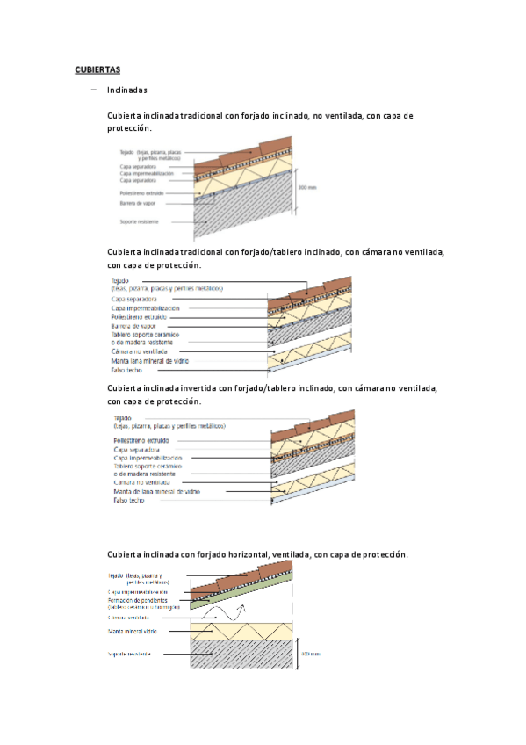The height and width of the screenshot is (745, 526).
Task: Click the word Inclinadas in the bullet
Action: tap(126, 90)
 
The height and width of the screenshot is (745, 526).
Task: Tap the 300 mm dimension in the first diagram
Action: tap(306, 187)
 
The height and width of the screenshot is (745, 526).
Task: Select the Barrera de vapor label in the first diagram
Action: tap(139, 203)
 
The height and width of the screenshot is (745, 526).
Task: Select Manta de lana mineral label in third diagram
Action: tap(155, 491)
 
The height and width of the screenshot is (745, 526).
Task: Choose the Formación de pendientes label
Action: tap(141, 600)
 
